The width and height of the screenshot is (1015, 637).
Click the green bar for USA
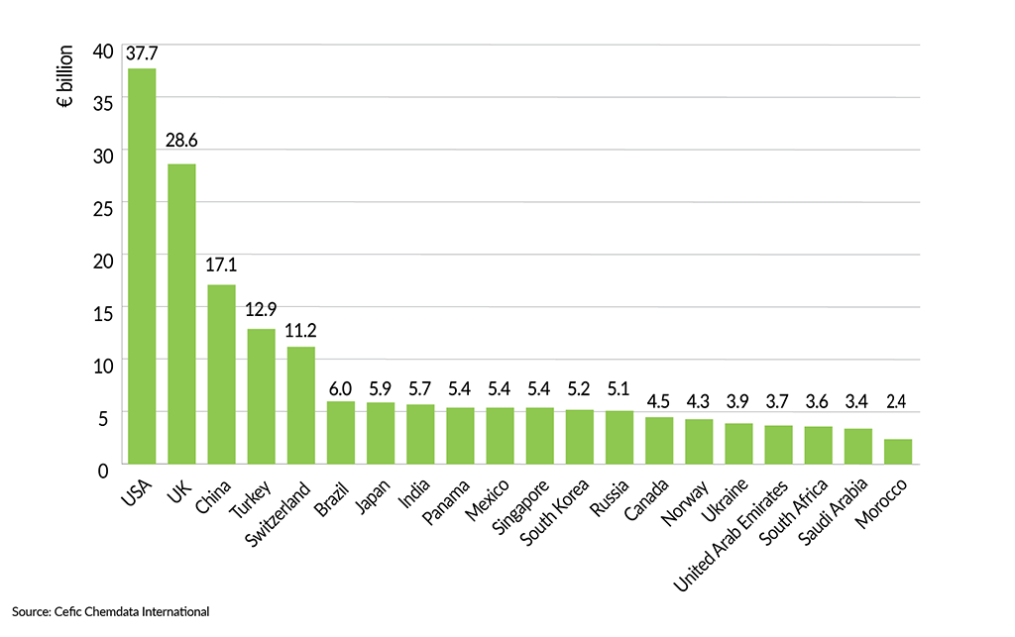[x=142, y=265]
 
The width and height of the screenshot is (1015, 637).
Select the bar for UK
[x=181, y=313]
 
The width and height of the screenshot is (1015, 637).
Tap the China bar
[x=221, y=373]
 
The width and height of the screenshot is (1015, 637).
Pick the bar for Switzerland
[x=301, y=404]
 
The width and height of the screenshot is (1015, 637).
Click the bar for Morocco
[x=898, y=451]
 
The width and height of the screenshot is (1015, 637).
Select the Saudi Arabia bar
[x=858, y=446]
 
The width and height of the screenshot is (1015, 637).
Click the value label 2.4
[x=898, y=424]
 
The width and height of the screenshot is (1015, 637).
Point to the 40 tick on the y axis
[x=103, y=50]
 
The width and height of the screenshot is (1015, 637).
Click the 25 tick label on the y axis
[x=103, y=206]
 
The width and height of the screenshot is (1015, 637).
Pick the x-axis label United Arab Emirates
[x=732, y=534]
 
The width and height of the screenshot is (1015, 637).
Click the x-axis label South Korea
[x=556, y=515]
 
